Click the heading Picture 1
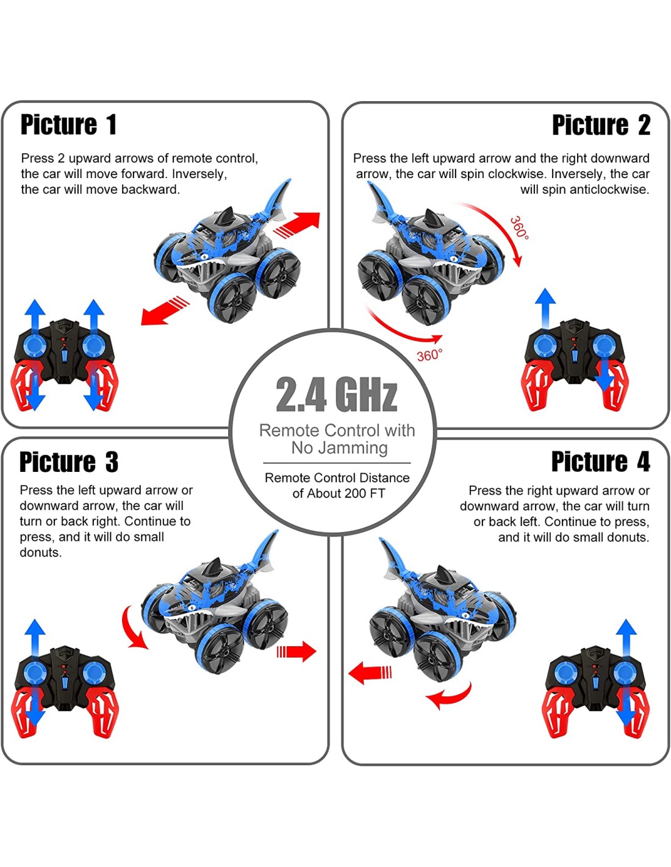click(69, 125)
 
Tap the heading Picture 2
click(601, 125)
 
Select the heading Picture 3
click(69, 462)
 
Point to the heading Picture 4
click(600, 462)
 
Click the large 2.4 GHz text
click(337, 394)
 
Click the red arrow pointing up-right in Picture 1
click(298, 226)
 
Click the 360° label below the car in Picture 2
click(429, 355)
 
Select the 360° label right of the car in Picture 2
click(519, 228)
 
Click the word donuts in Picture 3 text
click(41, 552)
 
